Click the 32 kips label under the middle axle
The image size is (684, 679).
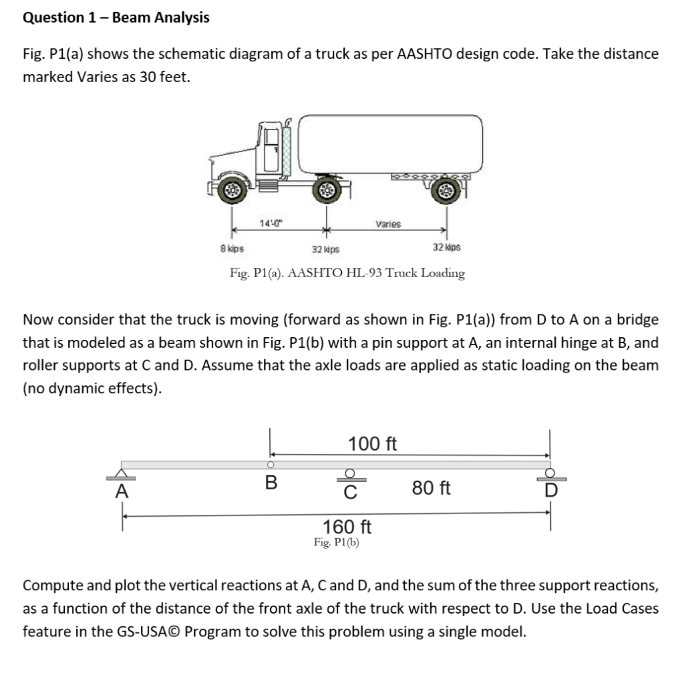325,249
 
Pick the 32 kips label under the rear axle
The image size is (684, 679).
446,248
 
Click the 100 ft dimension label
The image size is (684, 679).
373,444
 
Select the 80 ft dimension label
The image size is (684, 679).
431,489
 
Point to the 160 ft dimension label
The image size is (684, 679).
347,527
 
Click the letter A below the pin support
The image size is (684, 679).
121,492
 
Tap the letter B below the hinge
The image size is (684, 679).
271,482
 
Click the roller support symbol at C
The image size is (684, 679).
349,475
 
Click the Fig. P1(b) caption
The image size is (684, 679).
337,543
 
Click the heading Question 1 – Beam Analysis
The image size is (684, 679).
116,18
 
